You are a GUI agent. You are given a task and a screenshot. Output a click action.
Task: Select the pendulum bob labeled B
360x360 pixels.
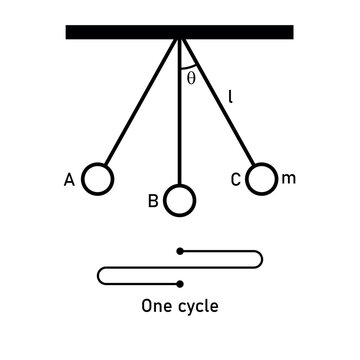pyautogui.click(x=179, y=200)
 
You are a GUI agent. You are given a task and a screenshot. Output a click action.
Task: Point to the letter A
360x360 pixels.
pyautogui.click(x=69, y=180)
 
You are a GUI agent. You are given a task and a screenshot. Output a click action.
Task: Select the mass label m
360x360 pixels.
pyautogui.click(x=289, y=178)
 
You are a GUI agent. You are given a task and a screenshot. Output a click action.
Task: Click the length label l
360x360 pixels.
pyautogui.click(x=230, y=97)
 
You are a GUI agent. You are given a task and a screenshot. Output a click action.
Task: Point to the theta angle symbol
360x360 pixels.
pyautogui.click(x=191, y=77)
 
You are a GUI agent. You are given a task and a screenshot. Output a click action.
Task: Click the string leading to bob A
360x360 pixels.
pyautogui.click(x=140, y=106)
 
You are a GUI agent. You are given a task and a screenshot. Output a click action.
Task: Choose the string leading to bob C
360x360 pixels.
pyautogui.click(x=219, y=106)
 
